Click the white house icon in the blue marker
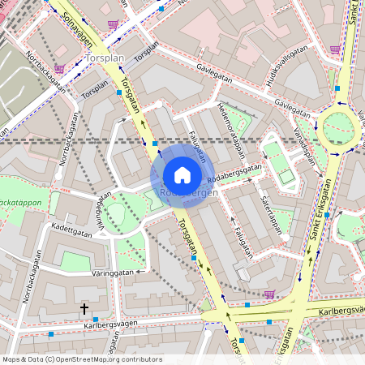coord(182,174)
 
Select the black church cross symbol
coord(84,309)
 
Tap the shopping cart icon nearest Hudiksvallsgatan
coord(335,49)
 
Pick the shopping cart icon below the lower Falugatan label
coord(269,294)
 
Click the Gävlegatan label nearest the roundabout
coord(292,105)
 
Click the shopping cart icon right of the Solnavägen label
coord(112,24)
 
